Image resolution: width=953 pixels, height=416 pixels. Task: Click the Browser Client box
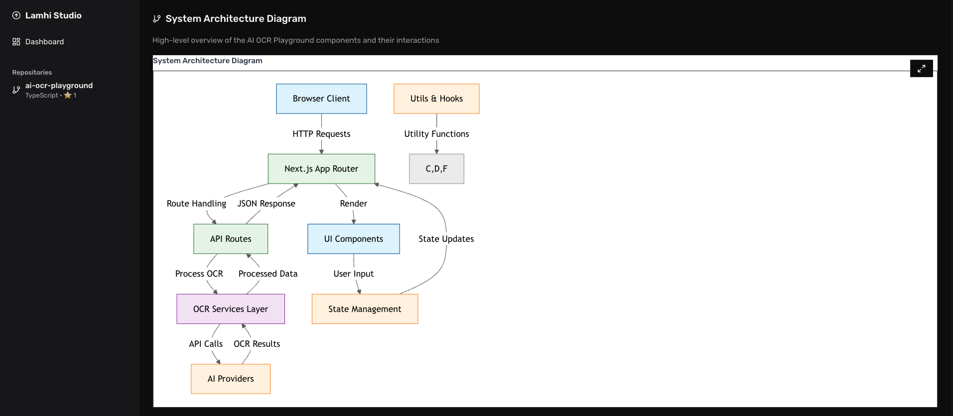(321, 99)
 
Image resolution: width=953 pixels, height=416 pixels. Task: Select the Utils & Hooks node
(436, 99)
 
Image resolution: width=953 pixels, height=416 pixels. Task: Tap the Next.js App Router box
(321, 169)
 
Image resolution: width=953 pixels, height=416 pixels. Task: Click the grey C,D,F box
(436, 169)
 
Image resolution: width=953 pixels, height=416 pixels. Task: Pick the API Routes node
(231, 239)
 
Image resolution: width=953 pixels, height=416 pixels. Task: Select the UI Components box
(354, 239)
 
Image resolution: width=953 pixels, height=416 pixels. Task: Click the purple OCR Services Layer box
(231, 309)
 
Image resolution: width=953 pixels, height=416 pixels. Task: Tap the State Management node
(365, 309)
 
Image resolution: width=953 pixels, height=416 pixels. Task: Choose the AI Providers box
(231, 379)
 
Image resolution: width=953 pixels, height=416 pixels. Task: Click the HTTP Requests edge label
(321, 134)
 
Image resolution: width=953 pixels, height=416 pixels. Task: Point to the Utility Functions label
(436, 134)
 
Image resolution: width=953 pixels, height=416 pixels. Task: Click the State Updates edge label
(446, 239)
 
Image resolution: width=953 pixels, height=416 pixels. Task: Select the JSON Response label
(266, 204)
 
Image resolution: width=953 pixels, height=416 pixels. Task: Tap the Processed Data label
(268, 274)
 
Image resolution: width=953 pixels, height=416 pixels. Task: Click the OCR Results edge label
(257, 344)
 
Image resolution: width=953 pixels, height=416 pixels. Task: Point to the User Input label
(354, 274)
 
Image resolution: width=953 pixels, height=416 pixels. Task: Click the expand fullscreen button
(921, 69)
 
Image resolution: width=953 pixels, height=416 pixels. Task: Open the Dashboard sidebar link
(44, 42)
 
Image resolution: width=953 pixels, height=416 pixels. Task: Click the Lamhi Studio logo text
(53, 15)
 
